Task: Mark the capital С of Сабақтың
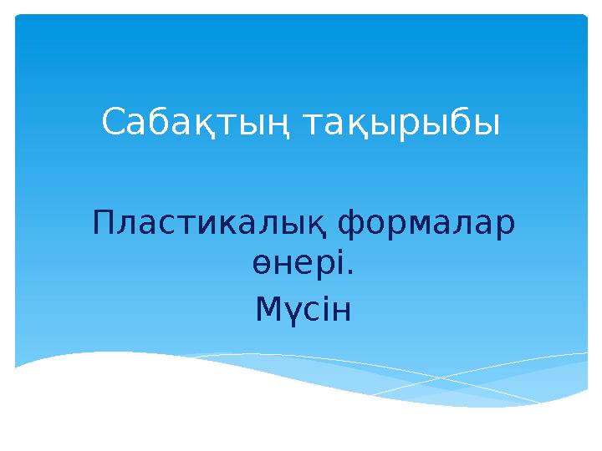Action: [x=114, y=124]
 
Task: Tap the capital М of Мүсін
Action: [x=268, y=311]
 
